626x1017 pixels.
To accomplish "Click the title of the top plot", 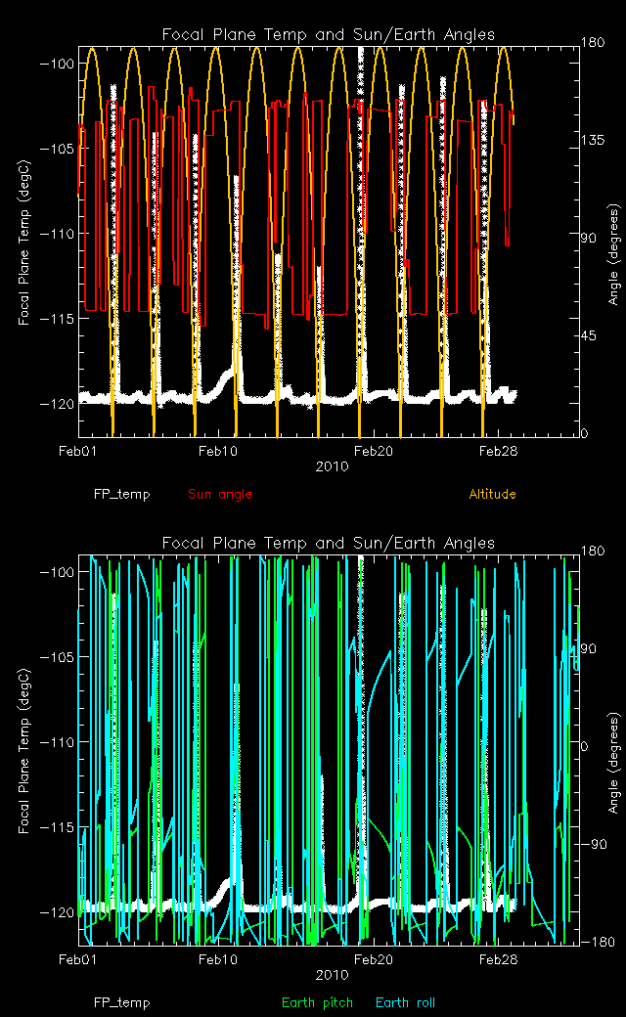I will (329, 35).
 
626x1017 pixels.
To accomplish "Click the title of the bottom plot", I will (329, 544).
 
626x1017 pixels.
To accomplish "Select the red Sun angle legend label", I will (220, 495).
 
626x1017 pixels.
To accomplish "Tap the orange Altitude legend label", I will (492, 495).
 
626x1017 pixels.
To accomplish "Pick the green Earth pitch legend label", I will (315, 1003).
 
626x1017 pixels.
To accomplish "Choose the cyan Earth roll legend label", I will (405, 1003).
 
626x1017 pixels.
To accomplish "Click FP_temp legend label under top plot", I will (122, 495).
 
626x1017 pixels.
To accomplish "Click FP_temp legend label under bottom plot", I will (122, 1003).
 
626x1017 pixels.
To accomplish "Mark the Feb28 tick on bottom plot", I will (498, 959).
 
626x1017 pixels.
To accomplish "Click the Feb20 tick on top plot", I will (374, 451).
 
